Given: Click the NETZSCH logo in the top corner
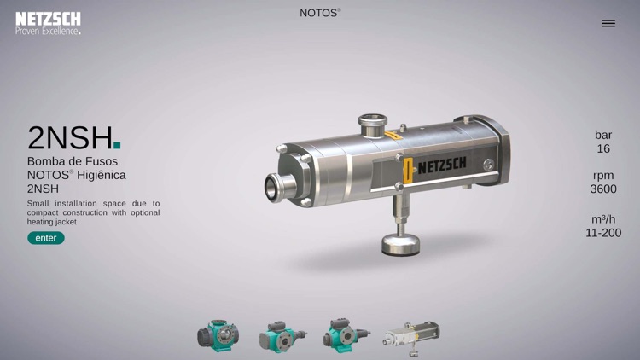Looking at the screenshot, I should point(48,23).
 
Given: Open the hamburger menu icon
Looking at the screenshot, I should point(608,23).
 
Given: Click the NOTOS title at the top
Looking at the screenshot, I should point(319,13).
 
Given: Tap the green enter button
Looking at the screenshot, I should point(46,238).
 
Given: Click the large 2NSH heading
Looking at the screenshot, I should point(70,137).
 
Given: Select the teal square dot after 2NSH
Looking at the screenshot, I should point(117,146).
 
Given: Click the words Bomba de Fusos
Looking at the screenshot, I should point(73,161).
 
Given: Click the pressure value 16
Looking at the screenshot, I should point(603,148).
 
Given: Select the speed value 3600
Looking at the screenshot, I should point(603,189).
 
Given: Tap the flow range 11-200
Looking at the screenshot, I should point(603,232).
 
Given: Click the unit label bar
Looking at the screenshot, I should point(603,135).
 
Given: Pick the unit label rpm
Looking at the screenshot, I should point(603,175).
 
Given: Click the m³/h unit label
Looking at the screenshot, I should point(603,218).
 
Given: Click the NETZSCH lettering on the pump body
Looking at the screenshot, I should point(441,164).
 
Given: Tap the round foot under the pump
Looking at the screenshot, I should point(400,245).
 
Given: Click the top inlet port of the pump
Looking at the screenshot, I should point(372,126).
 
